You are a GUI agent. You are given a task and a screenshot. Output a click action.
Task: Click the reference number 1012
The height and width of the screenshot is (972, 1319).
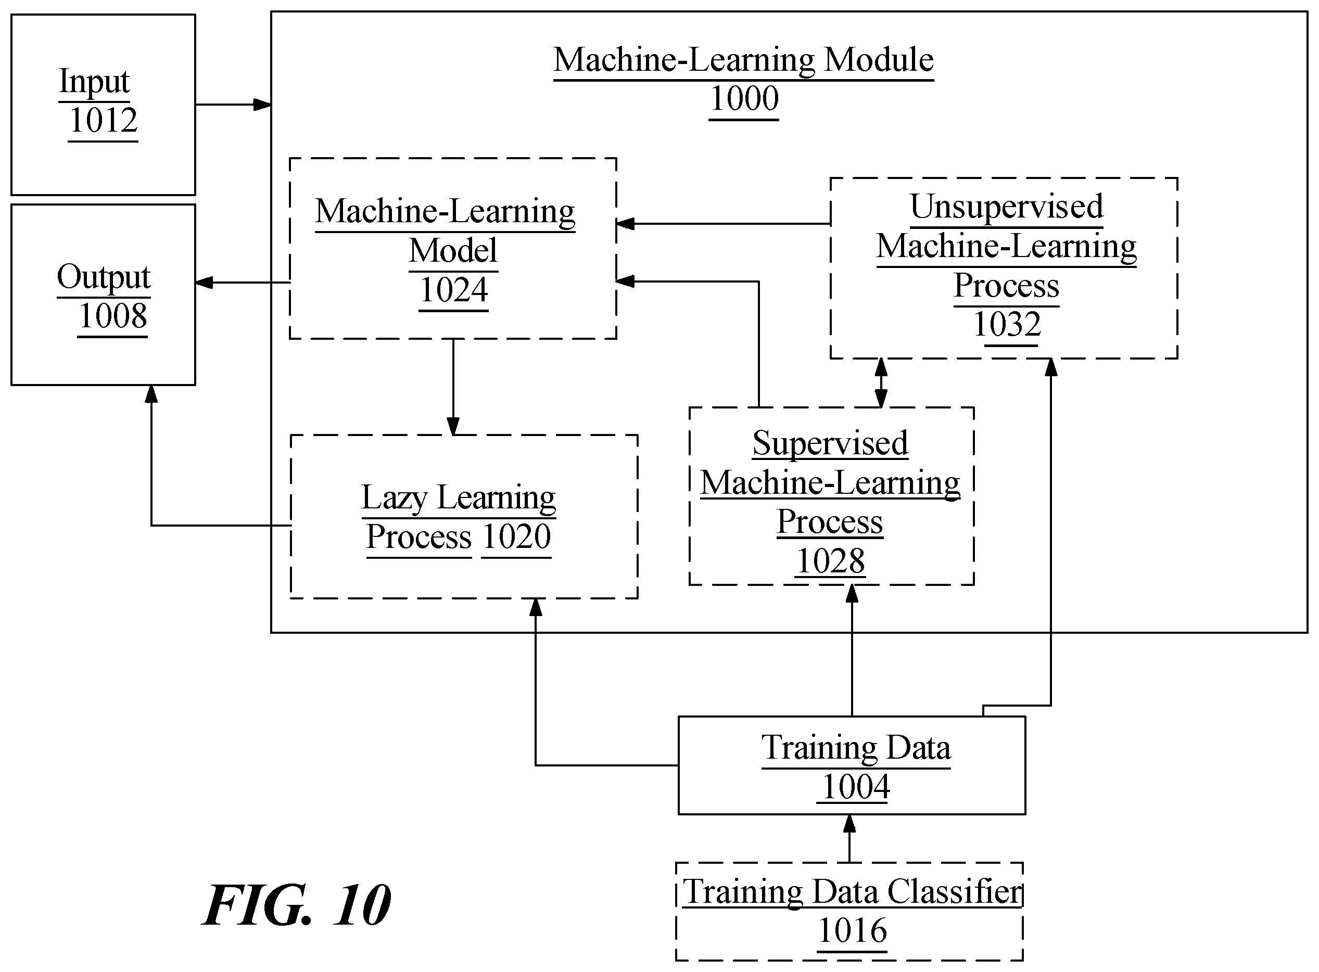pyautogui.click(x=104, y=121)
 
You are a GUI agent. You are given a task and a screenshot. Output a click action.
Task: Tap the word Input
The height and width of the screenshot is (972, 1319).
pyautogui.click(x=94, y=82)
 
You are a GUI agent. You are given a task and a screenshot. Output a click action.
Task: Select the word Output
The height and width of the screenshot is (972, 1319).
pyautogui.click(x=104, y=277)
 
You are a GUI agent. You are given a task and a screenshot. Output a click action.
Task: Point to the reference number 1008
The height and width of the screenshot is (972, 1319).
pyautogui.click(x=113, y=316)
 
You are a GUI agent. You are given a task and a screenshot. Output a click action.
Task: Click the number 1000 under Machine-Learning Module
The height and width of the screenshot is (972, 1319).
pyautogui.click(x=744, y=98)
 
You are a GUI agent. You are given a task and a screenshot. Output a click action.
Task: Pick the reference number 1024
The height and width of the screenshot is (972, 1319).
pyautogui.click(x=454, y=290)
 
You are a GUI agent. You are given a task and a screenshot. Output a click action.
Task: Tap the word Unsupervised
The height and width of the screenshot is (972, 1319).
pyautogui.click(x=1007, y=207)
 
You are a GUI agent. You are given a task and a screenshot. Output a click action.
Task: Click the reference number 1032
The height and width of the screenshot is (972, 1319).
pyautogui.click(x=1007, y=324)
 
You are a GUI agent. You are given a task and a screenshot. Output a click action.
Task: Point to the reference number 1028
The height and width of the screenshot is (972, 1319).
pyautogui.click(x=830, y=561)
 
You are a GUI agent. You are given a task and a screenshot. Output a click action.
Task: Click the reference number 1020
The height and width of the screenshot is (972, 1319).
pyautogui.click(x=516, y=536)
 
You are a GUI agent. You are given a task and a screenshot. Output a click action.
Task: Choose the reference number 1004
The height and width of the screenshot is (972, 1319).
pyautogui.click(x=856, y=787)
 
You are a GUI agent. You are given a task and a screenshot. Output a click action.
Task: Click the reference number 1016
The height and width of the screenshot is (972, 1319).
pyautogui.click(x=853, y=931)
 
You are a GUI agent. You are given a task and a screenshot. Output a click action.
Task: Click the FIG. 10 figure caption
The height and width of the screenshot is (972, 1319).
pyautogui.click(x=297, y=905)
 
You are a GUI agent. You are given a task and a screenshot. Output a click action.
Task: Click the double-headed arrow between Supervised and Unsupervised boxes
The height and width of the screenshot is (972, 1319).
pyautogui.click(x=881, y=383)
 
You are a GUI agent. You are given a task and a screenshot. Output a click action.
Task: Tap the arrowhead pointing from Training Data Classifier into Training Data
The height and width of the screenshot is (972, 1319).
pyautogui.click(x=849, y=824)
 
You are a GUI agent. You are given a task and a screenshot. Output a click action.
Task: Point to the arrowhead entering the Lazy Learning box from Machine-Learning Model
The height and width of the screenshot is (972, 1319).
pyautogui.click(x=453, y=426)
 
